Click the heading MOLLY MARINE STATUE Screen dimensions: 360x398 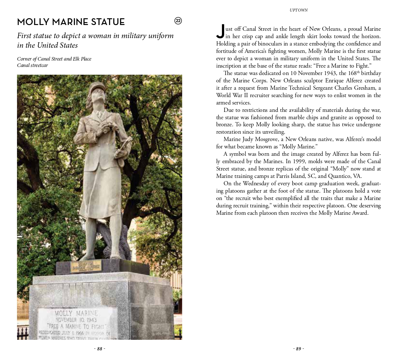(71, 22)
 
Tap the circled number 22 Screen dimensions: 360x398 (178, 21)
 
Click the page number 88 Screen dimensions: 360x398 (99, 349)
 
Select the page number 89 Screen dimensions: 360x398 (298, 349)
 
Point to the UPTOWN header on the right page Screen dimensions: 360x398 (298, 10)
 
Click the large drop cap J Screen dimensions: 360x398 (220, 31)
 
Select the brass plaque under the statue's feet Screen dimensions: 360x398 (86, 266)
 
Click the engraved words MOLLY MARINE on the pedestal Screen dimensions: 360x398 (76, 313)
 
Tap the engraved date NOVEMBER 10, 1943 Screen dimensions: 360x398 (76, 320)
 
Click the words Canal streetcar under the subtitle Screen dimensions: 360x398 (32, 65)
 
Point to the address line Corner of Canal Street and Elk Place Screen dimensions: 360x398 (54, 59)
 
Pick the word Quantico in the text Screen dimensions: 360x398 (339, 176)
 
